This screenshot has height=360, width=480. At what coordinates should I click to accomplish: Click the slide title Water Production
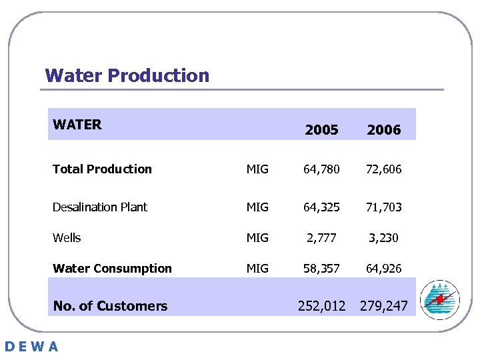click(x=127, y=75)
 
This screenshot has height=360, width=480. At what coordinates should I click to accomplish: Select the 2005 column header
click(x=321, y=130)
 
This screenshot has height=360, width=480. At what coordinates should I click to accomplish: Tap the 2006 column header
click(x=384, y=130)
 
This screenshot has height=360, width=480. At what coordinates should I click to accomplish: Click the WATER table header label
click(x=77, y=125)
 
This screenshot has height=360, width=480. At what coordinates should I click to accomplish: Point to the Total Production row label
click(x=102, y=169)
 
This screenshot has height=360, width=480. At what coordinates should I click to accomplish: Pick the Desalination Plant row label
click(x=100, y=207)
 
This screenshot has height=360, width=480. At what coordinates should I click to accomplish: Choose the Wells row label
click(x=67, y=238)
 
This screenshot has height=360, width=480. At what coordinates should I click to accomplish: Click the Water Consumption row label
click(x=112, y=269)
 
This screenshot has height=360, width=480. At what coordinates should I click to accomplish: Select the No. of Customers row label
click(x=110, y=306)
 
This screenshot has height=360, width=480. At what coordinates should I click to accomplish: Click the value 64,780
click(x=321, y=169)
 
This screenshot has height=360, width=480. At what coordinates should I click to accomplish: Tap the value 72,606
click(x=383, y=169)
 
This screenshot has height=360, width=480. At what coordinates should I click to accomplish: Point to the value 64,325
click(x=321, y=207)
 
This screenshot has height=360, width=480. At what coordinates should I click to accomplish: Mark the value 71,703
click(x=383, y=207)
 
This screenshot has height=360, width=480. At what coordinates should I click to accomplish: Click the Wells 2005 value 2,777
click(x=321, y=238)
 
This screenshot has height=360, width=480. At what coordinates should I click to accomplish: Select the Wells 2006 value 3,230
click(x=383, y=238)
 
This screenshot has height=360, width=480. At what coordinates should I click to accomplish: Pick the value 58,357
click(x=321, y=269)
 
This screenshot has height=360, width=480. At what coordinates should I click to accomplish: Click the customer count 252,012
click(x=321, y=306)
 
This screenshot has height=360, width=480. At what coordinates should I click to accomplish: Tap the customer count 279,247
click(x=383, y=306)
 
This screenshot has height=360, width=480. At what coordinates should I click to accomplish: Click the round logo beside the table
click(x=440, y=299)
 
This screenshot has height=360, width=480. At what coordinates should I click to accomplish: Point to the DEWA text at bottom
click(x=31, y=346)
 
